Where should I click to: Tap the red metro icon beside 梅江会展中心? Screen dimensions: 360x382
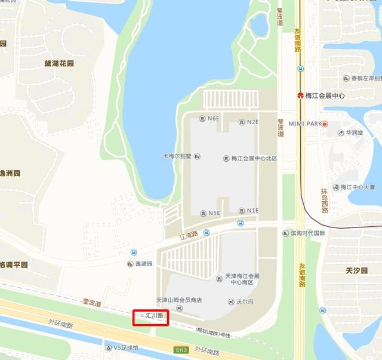[x=300, y=96]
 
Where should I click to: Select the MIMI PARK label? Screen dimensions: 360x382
[x=305, y=124]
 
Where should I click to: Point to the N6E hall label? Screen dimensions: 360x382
[x=213, y=119]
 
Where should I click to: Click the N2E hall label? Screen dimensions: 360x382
[x=252, y=122]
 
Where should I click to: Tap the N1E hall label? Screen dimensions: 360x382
[x=252, y=211]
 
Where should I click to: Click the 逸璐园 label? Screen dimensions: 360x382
[x=144, y=263]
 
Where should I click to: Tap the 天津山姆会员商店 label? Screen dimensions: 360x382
[x=179, y=300]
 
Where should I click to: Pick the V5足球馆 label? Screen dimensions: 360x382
[x=125, y=347]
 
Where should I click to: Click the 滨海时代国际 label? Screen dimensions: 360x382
[x=308, y=233]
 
